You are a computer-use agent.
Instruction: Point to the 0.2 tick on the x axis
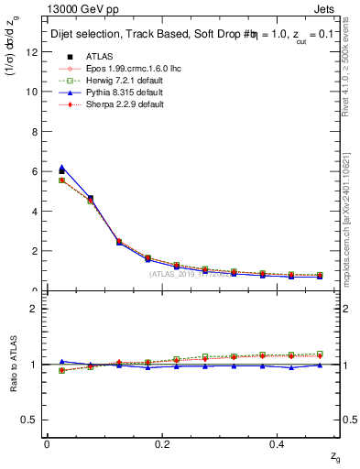(163, 443)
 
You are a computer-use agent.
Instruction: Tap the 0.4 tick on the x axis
(280, 443)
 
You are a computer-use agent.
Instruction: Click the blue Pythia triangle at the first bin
(61, 168)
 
